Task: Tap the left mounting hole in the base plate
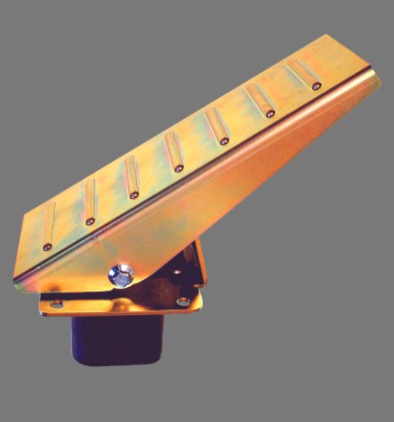click(57, 303)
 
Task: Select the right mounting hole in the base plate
click(183, 301)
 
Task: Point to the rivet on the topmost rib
click(316, 85)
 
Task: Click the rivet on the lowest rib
click(47, 246)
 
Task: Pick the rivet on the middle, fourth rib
click(179, 167)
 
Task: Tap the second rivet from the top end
click(270, 113)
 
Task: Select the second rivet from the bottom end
click(90, 220)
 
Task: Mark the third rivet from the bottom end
click(134, 193)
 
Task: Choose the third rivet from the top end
click(224, 140)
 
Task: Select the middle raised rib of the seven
click(172, 149)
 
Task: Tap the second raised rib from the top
click(260, 98)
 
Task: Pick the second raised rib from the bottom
click(89, 200)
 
